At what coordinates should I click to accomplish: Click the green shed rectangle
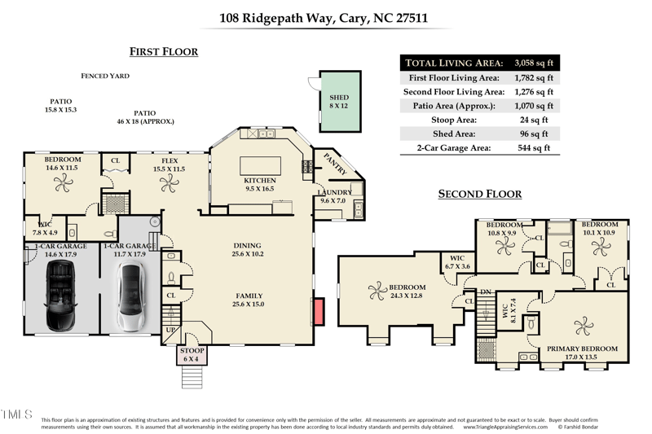point(338,101)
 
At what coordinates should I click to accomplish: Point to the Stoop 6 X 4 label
point(193,356)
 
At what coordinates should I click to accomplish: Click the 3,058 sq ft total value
point(535,63)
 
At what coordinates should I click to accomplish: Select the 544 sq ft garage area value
point(535,148)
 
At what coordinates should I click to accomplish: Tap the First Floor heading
point(164,52)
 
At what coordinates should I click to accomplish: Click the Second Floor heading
point(479,194)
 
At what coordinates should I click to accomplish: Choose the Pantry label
point(336,163)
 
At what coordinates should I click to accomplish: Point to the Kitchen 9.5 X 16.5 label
point(260,184)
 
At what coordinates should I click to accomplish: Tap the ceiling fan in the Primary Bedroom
point(584,327)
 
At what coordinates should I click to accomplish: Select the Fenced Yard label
point(105,76)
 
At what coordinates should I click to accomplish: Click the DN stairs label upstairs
point(487,292)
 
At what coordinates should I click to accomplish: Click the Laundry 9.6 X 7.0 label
point(333,196)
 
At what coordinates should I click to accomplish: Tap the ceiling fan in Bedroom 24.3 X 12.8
point(377,288)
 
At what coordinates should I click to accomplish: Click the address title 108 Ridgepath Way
point(325,17)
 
